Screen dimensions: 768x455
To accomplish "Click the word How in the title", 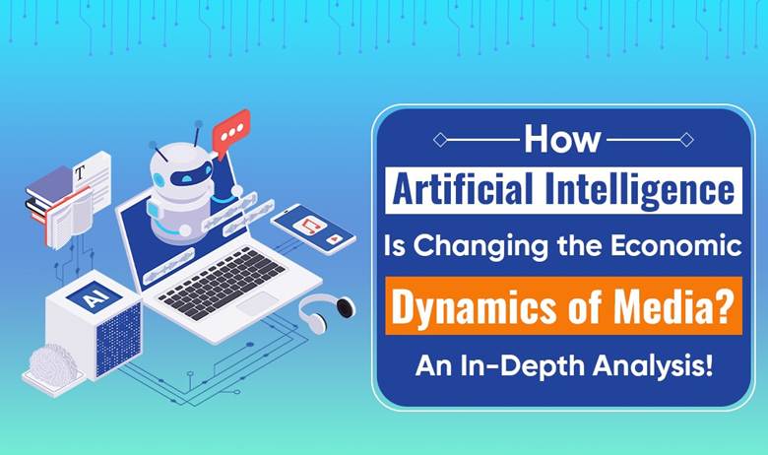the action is (x=562, y=140).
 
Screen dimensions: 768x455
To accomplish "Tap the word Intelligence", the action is (x=640, y=190).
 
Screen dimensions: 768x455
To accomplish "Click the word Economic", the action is (x=675, y=245).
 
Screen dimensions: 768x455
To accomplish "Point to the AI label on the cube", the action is (x=95, y=296).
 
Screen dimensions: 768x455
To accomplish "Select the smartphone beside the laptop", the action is (x=313, y=228).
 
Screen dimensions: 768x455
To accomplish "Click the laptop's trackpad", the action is (x=257, y=303).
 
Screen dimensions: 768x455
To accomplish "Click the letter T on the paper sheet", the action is (x=80, y=172).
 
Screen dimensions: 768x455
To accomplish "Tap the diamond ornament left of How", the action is (x=440, y=140).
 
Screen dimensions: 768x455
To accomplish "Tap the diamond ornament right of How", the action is (x=686, y=140).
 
